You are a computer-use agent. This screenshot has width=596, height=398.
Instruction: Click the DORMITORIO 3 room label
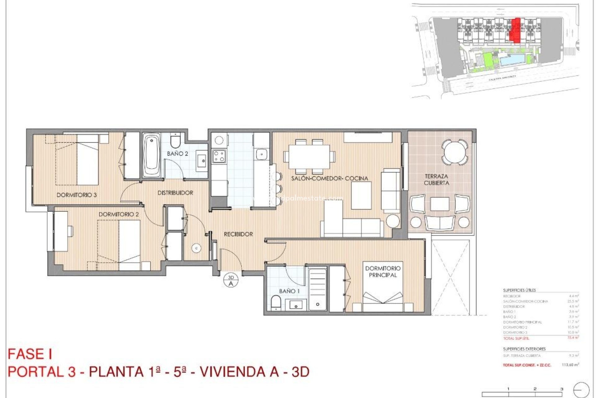click(76, 195)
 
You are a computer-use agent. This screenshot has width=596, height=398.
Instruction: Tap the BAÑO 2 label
click(177, 154)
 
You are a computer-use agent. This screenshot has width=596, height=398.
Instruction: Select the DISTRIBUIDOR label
click(175, 193)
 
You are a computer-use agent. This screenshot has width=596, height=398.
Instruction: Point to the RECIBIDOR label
click(238, 234)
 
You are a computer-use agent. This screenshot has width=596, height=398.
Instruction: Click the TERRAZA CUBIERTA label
click(436, 180)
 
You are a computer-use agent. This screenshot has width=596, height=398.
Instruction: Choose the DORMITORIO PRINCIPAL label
click(382, 271)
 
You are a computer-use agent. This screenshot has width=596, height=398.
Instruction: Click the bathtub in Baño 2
click(151, 155)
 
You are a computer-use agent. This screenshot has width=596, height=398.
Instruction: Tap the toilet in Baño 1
click(275, 302)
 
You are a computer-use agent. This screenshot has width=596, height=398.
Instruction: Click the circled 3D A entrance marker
click(231, 280)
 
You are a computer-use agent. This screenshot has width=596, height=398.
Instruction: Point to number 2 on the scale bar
click(535, 389)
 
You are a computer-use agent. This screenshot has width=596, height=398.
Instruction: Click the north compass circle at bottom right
click(581, 390)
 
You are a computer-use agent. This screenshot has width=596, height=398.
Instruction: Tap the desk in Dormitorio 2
click(61, 231)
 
